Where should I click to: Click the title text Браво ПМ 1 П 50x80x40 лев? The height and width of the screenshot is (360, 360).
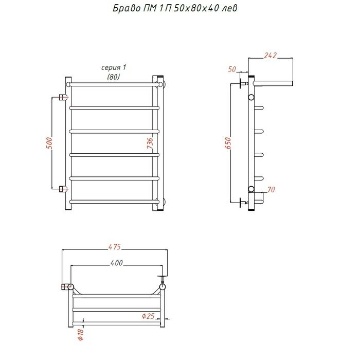(175, 9)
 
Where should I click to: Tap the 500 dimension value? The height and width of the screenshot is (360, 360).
(49, 143)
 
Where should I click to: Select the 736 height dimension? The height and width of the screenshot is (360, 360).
(150, 143)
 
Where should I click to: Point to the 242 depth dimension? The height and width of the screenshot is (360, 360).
(270, 56)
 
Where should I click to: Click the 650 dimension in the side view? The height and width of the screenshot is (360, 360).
(228, 143)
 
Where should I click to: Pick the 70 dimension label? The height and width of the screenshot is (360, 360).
(271, 190)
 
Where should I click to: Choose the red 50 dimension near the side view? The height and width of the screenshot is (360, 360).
(232, 69)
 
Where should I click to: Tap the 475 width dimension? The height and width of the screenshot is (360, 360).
(115, 246)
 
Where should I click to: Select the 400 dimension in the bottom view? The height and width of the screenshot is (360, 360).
(117, 263)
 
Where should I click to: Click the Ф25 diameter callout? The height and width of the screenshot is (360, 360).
(148, 316)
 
